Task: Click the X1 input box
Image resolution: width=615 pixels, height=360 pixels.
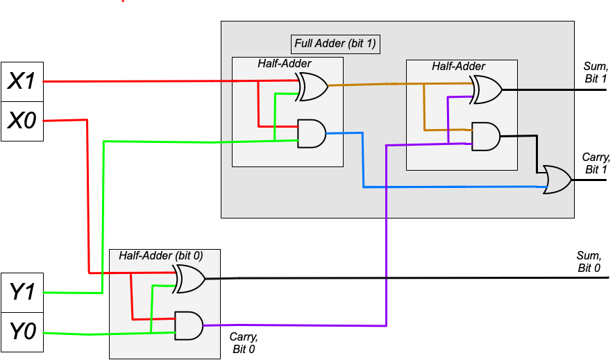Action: (22, 82)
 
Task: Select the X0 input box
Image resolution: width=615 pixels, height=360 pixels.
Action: (22, 121)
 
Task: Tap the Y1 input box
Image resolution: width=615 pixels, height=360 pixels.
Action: (22, 292)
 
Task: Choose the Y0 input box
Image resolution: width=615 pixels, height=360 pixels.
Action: (22, 332)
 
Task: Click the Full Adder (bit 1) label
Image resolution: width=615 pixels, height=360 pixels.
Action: (335, 43)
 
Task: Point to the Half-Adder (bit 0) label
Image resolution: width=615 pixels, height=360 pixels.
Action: (160, 255)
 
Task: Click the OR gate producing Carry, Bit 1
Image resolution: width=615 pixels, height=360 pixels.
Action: (557, 179)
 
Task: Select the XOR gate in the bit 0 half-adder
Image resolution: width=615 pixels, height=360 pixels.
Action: (189, 279)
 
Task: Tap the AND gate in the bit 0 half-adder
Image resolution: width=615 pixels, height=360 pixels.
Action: (188, 325)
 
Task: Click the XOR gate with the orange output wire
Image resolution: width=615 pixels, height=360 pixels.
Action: (312, 87)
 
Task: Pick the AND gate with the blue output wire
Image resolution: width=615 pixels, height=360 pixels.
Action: (311, 132)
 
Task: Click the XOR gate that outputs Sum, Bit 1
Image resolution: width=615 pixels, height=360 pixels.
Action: (486, 90)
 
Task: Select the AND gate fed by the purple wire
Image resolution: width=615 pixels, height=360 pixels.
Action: (485, 136)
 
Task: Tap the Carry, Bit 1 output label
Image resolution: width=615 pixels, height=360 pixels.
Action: (595, 164)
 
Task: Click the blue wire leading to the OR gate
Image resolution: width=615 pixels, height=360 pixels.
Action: (451, 187)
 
